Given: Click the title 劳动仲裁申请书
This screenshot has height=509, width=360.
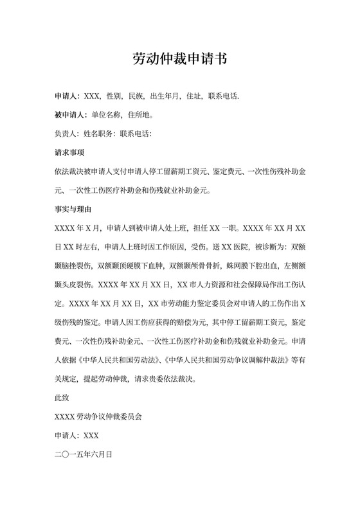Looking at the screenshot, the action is click(x=180, y=58).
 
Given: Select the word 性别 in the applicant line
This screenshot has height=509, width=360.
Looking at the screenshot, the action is click(x=114, y=97).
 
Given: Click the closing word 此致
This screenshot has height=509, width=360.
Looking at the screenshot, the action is click(x=63, y=397).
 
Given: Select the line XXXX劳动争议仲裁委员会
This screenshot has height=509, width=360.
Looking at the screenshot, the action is click(x=98, y=415).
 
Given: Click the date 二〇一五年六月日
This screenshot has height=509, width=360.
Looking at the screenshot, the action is click(x=84, y=453).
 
